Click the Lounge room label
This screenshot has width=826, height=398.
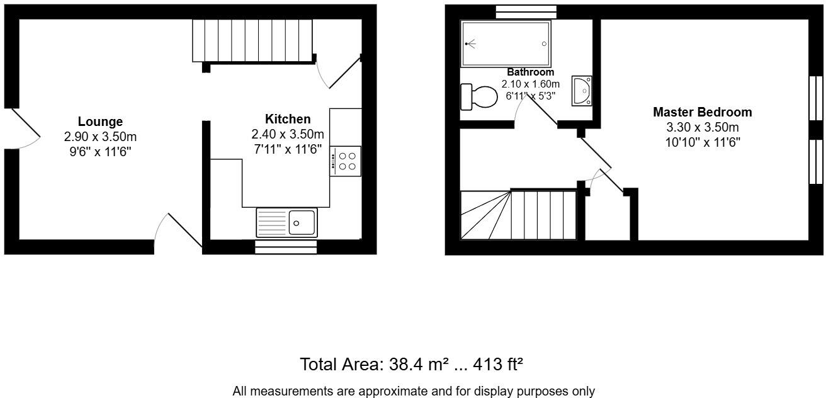point(100,122)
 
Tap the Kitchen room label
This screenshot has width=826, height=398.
point(288,119)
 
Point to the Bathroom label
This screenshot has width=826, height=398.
point(530,72)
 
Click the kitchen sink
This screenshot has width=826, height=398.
point(288,222)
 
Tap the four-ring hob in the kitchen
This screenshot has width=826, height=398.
point(345,161)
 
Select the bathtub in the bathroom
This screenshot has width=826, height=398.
point(506,43)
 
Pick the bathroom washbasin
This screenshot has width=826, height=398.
point(582,90)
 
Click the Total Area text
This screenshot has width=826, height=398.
point(412,364)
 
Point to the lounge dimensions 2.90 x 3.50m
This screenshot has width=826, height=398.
point(100,137)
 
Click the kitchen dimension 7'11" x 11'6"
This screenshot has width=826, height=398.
point(288,149)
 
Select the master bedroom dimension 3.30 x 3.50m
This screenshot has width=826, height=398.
point(702,128)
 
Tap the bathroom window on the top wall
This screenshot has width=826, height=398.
point(526,11)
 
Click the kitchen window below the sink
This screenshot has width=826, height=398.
point(286,247)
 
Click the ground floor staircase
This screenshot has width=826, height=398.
point(252,40)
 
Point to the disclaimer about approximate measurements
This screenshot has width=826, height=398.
point(413,391)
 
